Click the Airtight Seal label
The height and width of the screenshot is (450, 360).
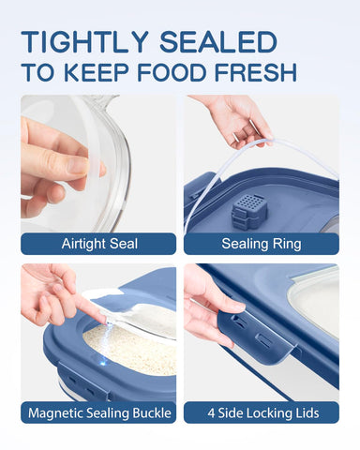point(98,244)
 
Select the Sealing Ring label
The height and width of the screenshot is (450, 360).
point(261,244)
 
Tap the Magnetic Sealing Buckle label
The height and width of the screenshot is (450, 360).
point(98,412)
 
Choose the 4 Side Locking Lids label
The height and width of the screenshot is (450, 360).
point(261,412)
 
